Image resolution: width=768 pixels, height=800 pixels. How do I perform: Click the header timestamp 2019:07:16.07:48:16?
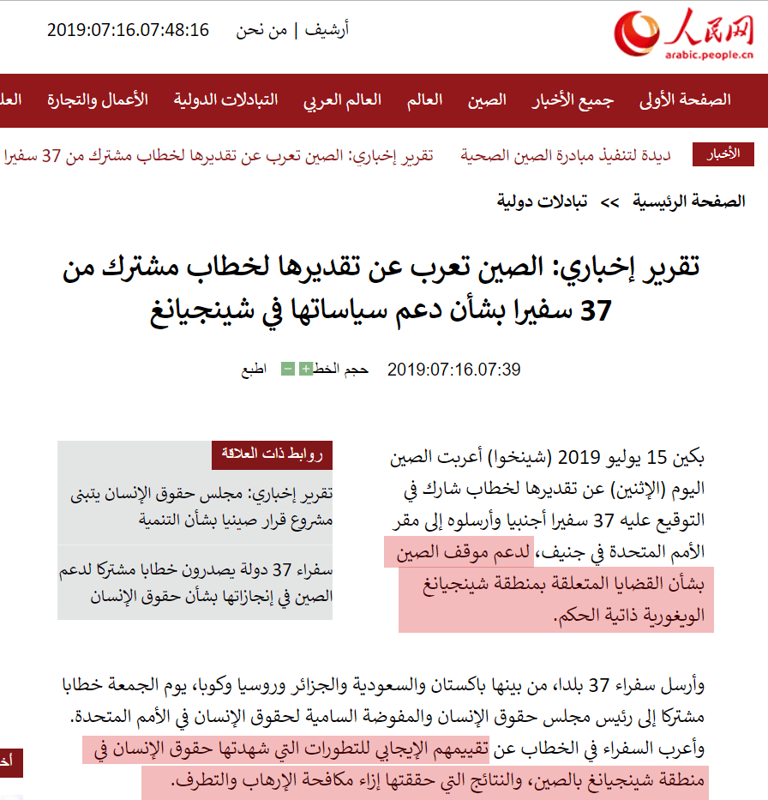click(128, 30)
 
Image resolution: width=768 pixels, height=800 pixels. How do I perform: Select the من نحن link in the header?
click(261, 30)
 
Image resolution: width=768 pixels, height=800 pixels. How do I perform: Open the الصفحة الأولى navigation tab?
click(686, 99)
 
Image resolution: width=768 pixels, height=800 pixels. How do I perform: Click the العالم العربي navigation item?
click(342, 99)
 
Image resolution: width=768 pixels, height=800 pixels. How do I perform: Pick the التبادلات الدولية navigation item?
click(226, 99)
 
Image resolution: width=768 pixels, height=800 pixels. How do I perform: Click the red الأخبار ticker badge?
click(723, 154)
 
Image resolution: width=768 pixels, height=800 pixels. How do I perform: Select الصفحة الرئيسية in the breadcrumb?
click(689, 202)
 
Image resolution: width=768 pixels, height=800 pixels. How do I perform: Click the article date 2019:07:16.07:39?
click(454, 370)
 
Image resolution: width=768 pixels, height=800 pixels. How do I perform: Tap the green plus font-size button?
click(305, 370)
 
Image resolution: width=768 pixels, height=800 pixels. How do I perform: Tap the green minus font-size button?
click(288, 370)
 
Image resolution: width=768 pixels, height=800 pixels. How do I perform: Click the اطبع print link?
click(254, 370)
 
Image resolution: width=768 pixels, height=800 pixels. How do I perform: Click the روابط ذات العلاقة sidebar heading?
click(272, 454)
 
